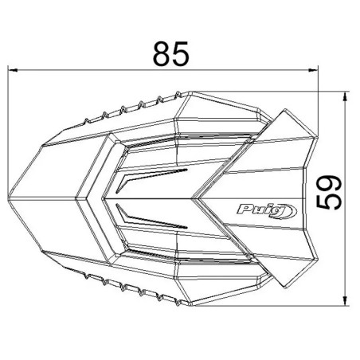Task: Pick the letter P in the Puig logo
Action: (x=241, y=210)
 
